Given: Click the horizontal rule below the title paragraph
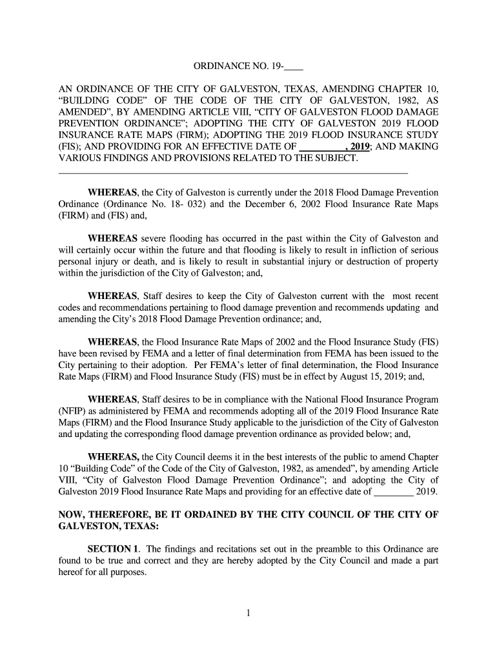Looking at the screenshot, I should (x=233, y=173).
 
